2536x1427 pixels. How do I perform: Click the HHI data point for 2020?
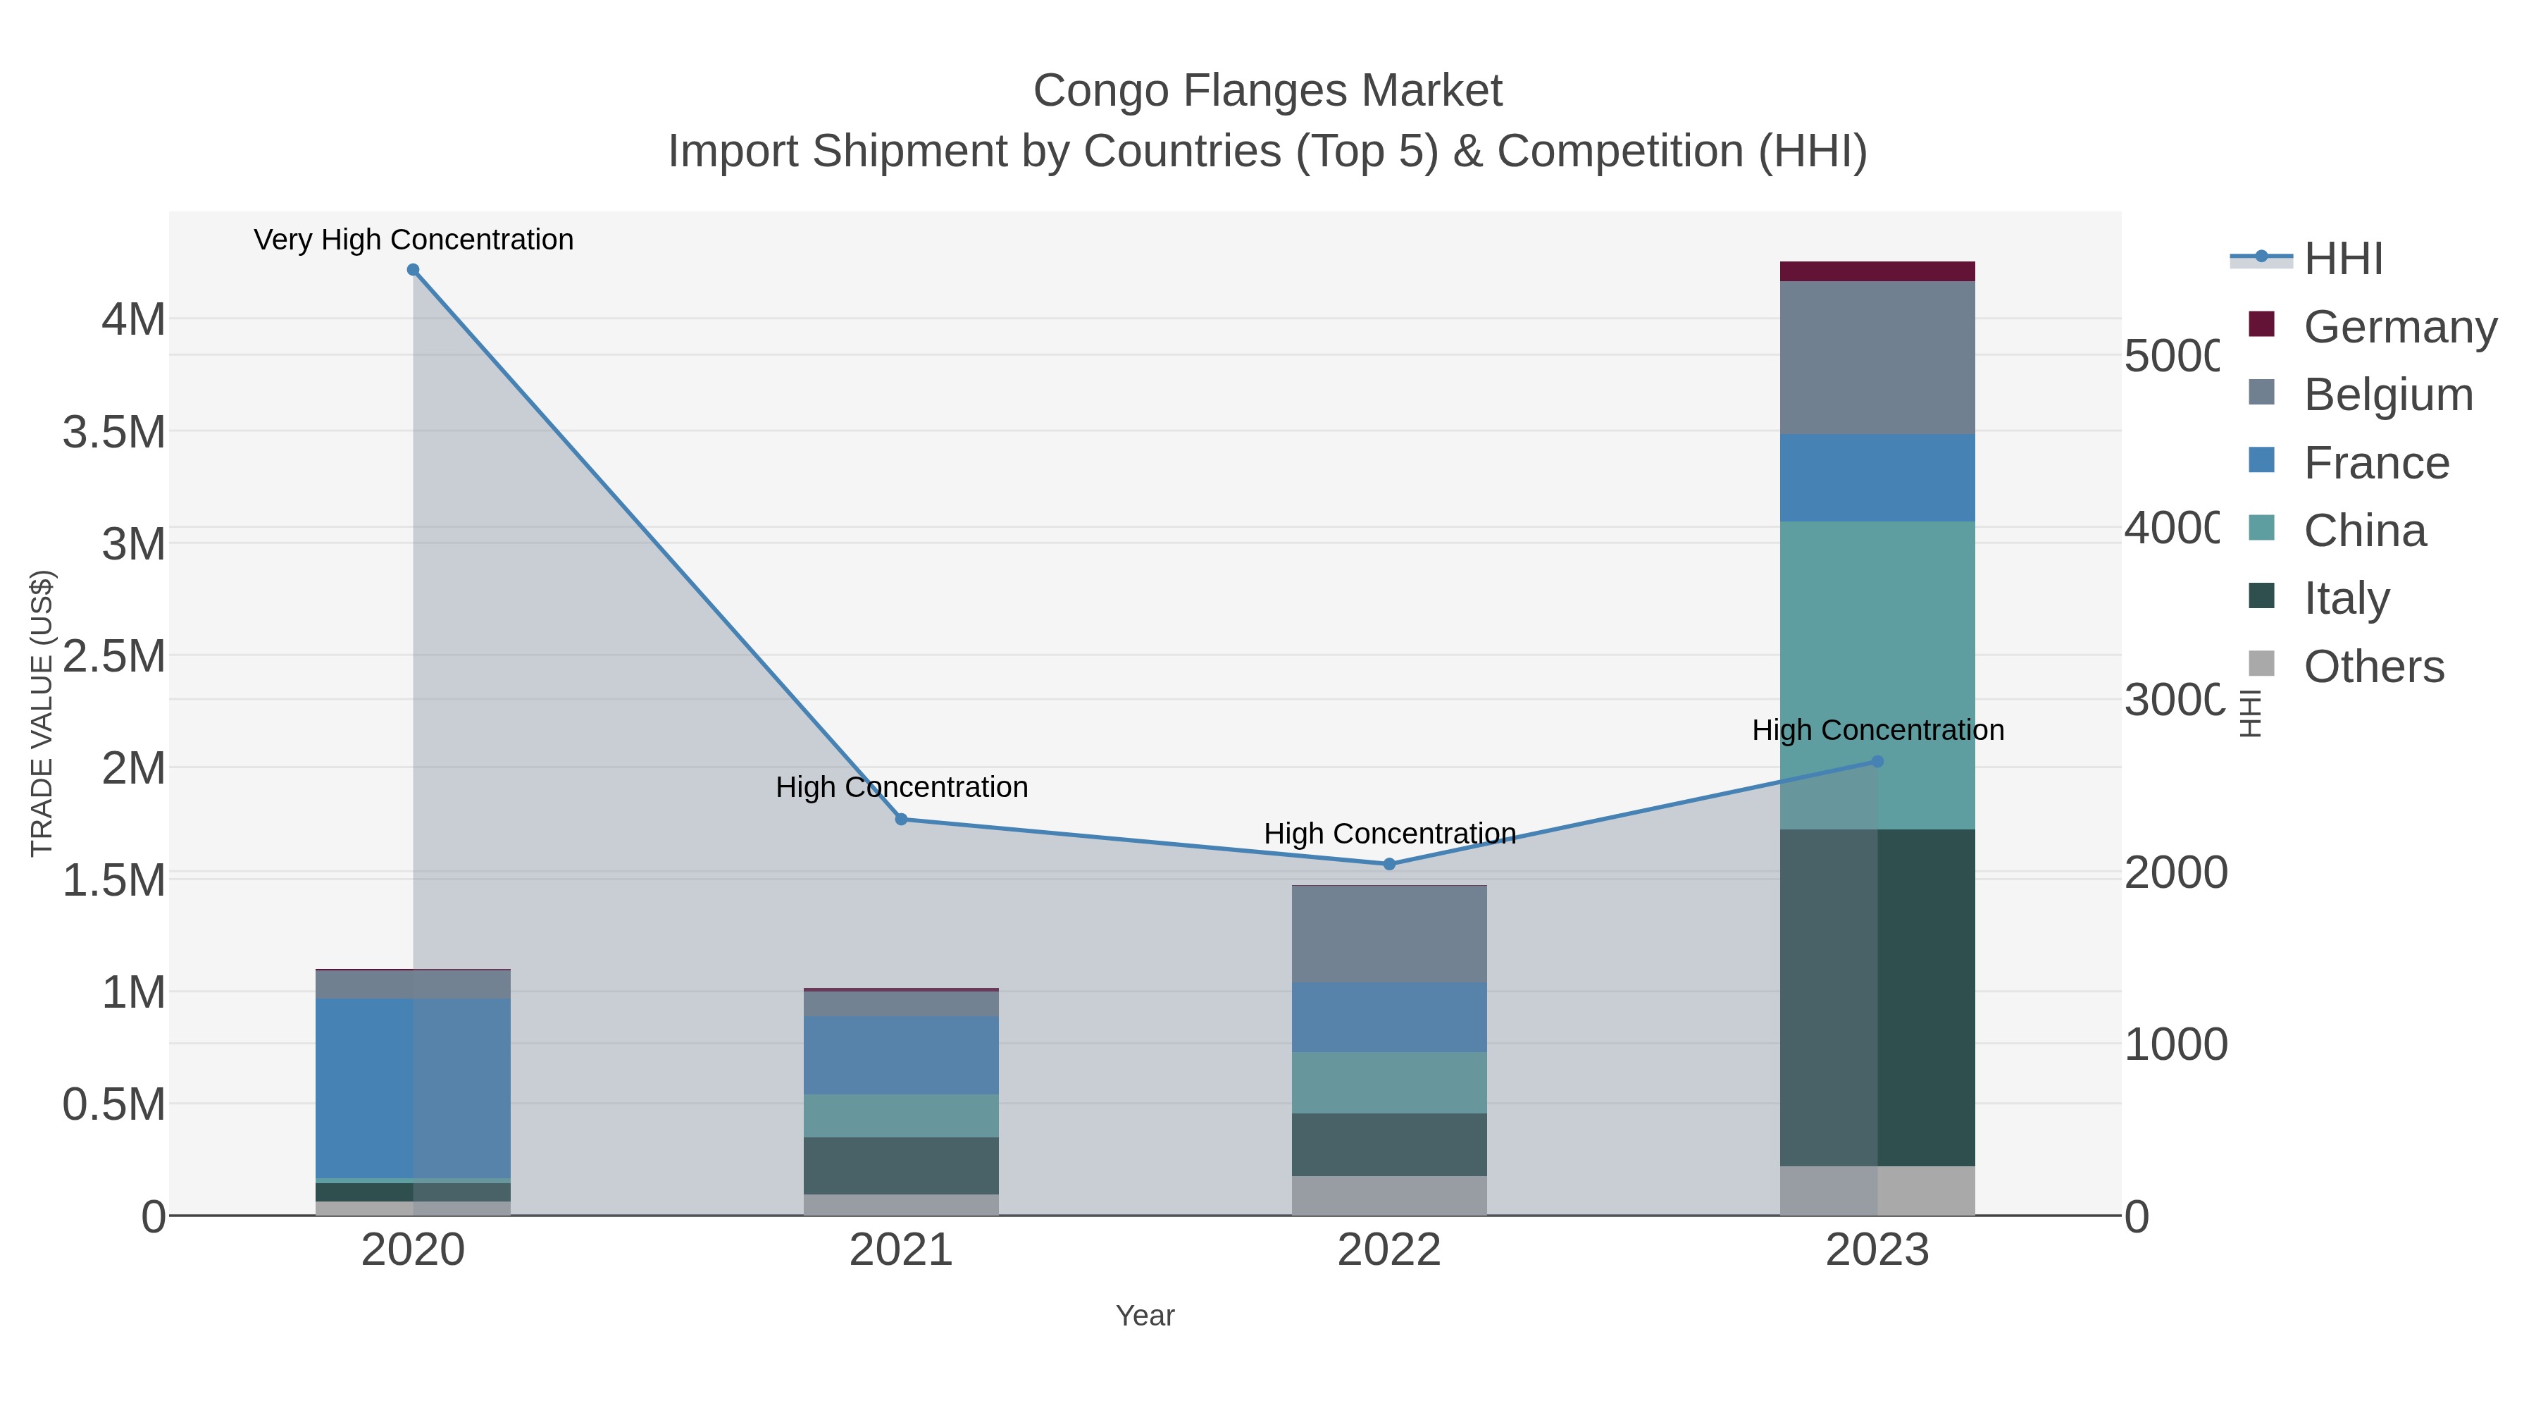pos(414,270)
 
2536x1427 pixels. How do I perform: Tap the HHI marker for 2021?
pos(901,820)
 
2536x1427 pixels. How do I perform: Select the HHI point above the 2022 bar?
pos(1389,864)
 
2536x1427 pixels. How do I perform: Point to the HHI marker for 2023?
pos(1877,761)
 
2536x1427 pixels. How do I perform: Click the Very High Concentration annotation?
pos(414,240)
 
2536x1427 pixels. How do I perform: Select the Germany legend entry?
pos(2400,327)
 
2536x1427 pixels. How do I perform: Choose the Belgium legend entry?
pos(2387,395)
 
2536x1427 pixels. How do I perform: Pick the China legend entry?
pos(2365,531)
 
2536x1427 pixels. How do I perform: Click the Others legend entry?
pos(2373,667)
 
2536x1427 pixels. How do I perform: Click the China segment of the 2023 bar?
pos(1877,674)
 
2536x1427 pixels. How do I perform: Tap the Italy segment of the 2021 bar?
pos(901,1166)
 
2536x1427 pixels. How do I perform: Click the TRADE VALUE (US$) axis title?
pos(42,713)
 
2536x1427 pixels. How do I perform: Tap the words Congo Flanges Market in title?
pos(1267,91)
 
